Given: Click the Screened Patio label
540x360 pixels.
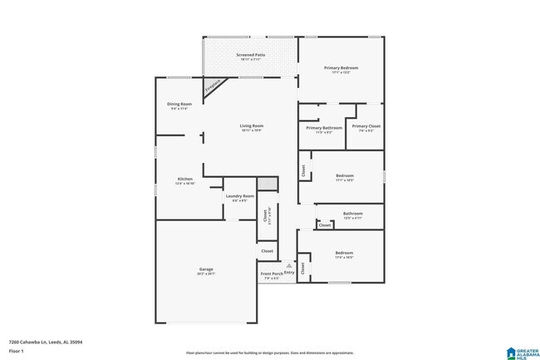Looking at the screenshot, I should click(x=251, y=55).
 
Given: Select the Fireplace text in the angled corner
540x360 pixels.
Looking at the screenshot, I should click(x=214, y=85).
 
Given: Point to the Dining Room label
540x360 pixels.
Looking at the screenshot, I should click(x=179, y=104).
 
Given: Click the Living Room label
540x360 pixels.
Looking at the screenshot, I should click(x=251, y=126).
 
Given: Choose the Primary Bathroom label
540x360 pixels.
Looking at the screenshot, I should click(x=320, y=127).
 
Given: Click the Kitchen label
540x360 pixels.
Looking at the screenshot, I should click(x=185, y=179).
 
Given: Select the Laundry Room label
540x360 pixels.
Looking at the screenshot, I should click(x=239, y=196).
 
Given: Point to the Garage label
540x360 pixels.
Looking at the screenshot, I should click(x=206, y=269).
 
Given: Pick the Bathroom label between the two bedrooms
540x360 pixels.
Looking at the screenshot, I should click(x=353, y=213).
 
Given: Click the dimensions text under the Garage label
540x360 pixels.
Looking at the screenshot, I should click(x=206, y=274).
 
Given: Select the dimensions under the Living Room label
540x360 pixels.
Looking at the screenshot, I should click(x=251, y=131).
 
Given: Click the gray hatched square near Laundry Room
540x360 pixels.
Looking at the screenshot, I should click(x=266, y=183).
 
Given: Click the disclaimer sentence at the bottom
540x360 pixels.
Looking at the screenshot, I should click(x=269, y=352).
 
